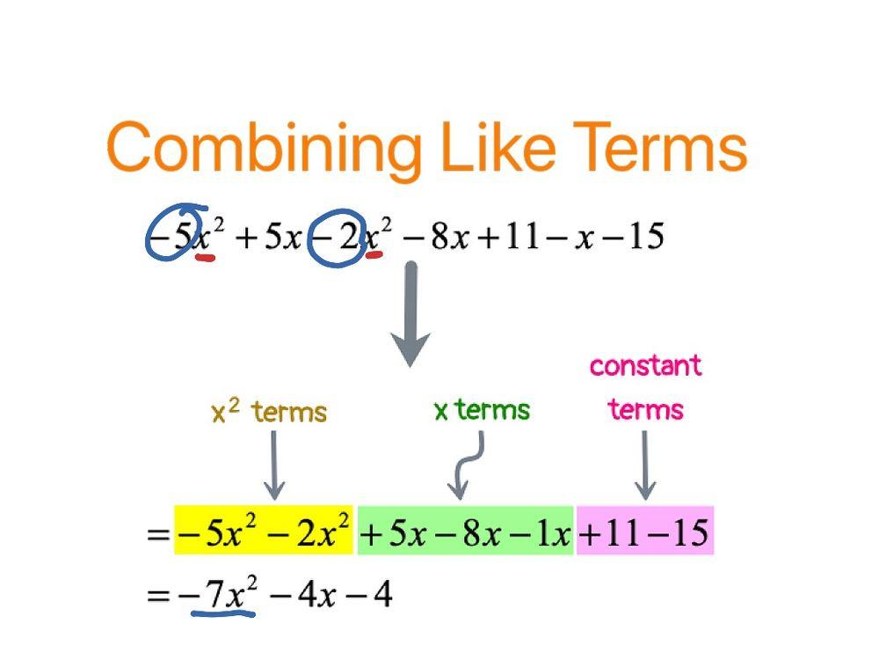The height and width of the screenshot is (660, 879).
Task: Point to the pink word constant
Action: (645, 365)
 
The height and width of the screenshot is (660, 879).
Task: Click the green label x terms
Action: (482, 410)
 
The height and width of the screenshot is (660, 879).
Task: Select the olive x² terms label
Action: (269, 412)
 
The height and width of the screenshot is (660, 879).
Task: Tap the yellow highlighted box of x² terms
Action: (264, 532)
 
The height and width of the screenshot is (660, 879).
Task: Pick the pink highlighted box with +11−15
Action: (644, 532)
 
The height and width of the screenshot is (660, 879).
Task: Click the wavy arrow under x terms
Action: (466, 466)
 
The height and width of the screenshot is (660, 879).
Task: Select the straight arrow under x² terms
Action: (274, 466)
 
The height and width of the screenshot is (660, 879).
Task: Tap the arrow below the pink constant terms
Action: (645, 466)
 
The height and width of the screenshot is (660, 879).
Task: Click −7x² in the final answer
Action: (219, 596)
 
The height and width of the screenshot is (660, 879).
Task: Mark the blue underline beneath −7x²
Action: (223, 612)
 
